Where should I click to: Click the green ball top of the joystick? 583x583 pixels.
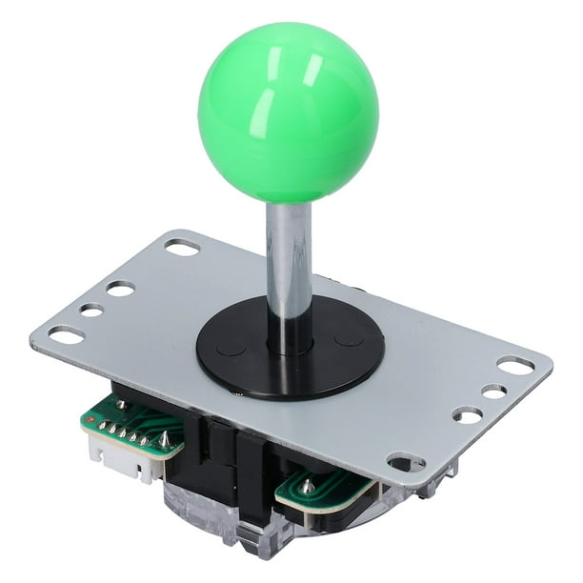tap(288, 112)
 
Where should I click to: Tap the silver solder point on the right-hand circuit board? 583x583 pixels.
tap(308, 487)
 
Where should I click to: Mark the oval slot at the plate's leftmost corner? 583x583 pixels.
tap(66, 334)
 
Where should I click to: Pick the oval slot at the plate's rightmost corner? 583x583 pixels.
tap(515, 365)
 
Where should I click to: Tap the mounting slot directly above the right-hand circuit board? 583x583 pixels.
tap(406, 463)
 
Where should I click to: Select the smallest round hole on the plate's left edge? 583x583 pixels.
tap(91, 310)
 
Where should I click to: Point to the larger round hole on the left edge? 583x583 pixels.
tap(120, 288)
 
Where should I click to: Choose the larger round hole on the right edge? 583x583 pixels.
tap(467, 414)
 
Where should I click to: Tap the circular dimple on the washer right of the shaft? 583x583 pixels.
tap(349, 337)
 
